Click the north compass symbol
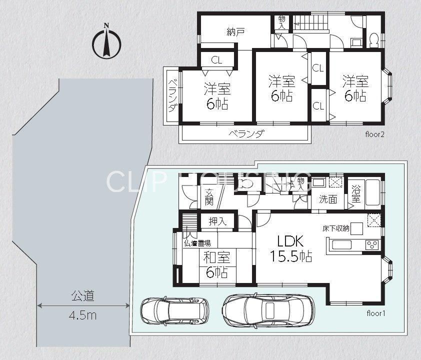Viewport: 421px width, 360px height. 106,41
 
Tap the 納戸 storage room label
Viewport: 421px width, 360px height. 235,32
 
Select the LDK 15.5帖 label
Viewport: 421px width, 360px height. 291,248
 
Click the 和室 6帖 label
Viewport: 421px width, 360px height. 217,264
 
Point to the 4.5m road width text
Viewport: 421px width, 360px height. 82,315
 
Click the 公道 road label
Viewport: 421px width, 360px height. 83,296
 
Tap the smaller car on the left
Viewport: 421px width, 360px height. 175,310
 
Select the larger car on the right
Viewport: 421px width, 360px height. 269,309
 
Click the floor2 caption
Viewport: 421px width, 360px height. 375,134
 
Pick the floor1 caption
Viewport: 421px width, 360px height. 376,313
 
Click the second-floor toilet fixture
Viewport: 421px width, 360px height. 373,40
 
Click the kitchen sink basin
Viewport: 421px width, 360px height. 342,245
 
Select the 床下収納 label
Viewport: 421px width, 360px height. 336,228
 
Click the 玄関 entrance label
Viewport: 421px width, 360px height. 209,197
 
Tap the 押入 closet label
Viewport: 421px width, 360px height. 217,221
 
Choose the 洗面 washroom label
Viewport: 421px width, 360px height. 328,199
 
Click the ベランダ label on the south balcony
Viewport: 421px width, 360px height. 246,133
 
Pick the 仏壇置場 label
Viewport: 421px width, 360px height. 197,243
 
